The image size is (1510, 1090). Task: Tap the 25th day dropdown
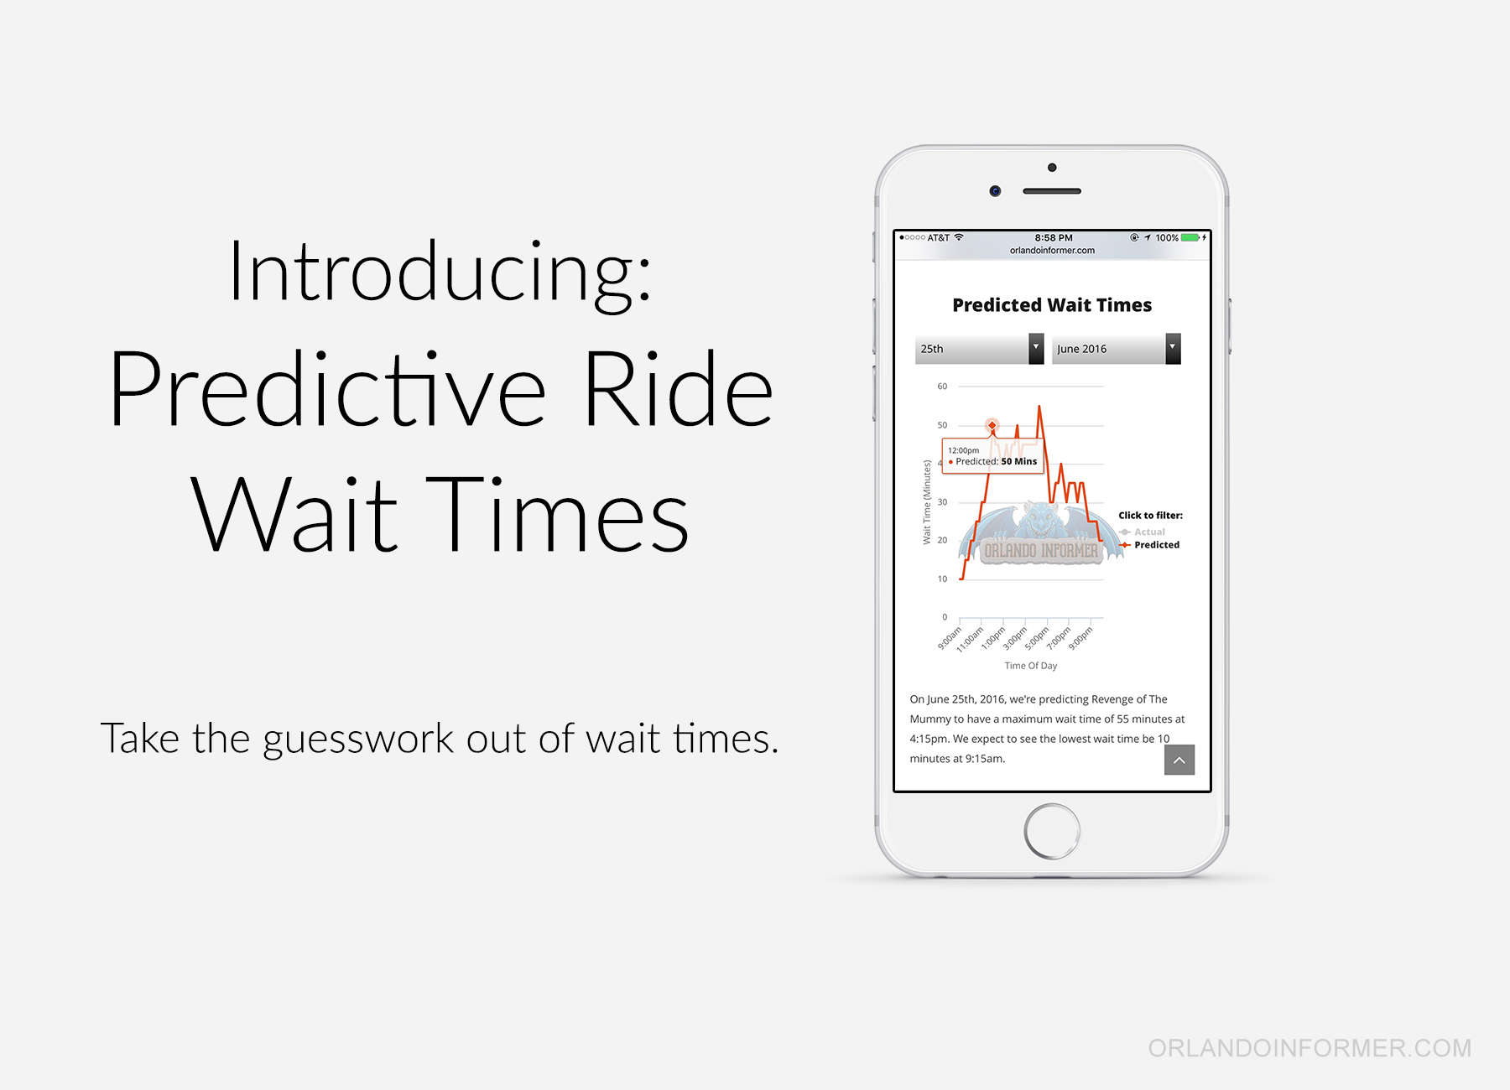click(x=979, y=349)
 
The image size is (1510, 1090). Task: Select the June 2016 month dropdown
click(x=1116, y=349)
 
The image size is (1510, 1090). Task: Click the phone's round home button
click(x=1052, y=832)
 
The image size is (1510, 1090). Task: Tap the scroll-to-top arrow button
click(x=1179, y=760)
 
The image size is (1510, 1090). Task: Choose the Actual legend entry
click(x=1142, y=532)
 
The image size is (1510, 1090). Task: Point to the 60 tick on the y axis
click(x=942, y=387)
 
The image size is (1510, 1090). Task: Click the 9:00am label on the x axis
click(x=950, y=638)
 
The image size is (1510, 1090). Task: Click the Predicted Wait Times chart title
click(x=1052, y=305)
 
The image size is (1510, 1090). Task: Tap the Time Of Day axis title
click(x=1031, y=666)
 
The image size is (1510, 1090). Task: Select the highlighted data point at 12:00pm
click(x=992, y=426)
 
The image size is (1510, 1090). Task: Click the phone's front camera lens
click(x=995, y=191)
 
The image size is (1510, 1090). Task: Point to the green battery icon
click(x=1190, y=238)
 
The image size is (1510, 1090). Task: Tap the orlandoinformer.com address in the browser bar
click(x=1052, y=250)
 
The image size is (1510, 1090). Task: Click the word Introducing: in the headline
click(x=440, y=272)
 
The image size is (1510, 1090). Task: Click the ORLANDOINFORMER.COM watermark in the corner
click(x=1310, y=1048)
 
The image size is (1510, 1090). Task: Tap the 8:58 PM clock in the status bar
click(x=1054, y=238)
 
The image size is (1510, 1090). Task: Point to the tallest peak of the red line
click(x=1039, y=407)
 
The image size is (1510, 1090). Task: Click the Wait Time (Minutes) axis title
click(x=927, y=501)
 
